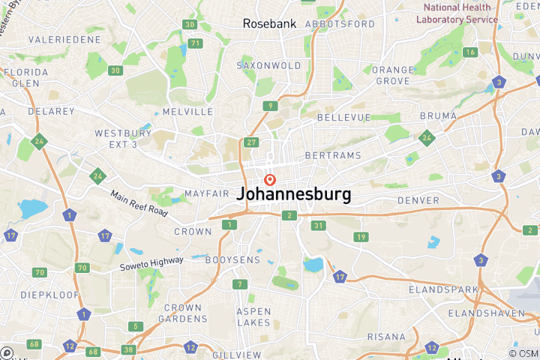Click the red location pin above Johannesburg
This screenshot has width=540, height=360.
click(x=269, y=180)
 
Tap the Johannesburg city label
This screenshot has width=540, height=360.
click(x=293, y=194)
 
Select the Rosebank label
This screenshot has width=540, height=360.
click(x=269, y=24)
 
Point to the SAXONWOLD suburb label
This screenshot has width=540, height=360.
click(x=268, y=66)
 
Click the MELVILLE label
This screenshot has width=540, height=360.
click(x=187, y=112)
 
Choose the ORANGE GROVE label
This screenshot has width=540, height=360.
click(x=393, y=75)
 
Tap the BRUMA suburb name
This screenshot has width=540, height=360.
click(x=439, y=115)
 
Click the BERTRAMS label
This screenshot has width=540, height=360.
click(x=332, y=156)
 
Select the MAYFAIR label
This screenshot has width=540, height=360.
click(x=206, y=193)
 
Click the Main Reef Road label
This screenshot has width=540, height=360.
click(x=139, y=202)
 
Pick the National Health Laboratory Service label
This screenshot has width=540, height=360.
click(x=457, y=13)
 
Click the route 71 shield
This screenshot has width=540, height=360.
click(x=196, y=43)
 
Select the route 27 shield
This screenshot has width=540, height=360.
click(x=251, y=142)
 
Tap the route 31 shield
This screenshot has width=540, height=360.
click(x=319, y=226)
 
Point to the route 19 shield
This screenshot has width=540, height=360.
click(x=361, y=237)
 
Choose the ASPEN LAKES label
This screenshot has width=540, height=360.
click(x=253, y=316)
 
